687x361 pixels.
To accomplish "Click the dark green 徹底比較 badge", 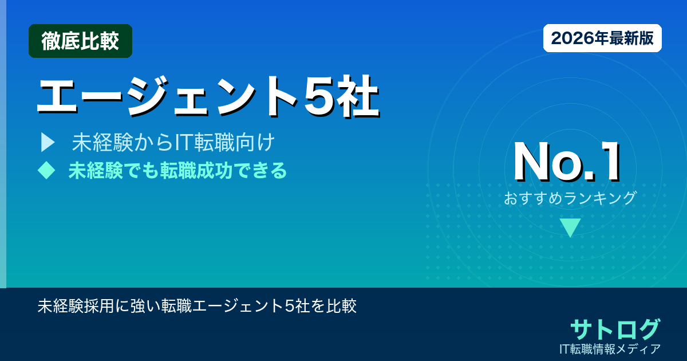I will coord(80,41).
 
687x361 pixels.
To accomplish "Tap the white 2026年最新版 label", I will coord(602,38).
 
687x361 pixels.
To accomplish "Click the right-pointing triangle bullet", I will coord(47,142).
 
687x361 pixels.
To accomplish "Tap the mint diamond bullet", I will coord(46,170).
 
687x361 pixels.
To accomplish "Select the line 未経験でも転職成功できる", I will coord(177,170).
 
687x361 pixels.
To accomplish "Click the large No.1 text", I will coord(567,163).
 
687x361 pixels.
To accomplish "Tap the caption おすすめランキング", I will coord(570,198).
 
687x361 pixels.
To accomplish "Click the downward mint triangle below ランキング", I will coord(570,227).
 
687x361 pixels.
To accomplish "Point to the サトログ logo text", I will coord(615,329).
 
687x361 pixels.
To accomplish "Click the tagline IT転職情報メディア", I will coord(610,348).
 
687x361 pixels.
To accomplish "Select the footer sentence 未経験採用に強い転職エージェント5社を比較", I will coord(197,306).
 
